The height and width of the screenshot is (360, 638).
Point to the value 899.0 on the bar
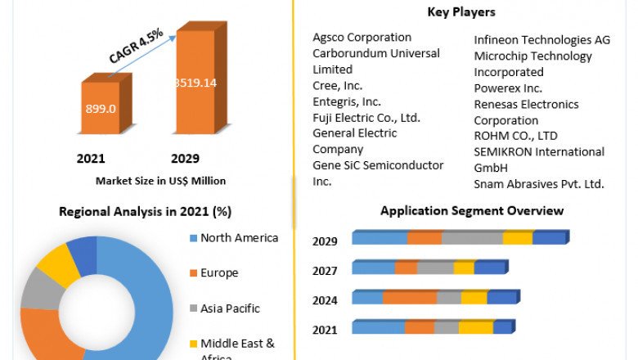click(x=101, y=108)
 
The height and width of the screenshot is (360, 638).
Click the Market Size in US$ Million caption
click(x=160, y=180)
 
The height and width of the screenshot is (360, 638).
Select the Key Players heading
click(x=461, y=12)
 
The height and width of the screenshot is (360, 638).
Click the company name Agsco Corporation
click(x=362, y=38)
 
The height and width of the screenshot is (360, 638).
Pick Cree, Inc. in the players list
click(x=338, y=85)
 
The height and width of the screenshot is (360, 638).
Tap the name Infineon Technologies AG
click(x=541, y=40)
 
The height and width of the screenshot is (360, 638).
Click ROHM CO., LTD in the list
click(x=515, y=136)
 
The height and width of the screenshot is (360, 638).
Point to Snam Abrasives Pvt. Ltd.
click(x=539, y=183)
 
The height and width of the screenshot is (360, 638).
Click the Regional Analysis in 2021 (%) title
click(x=145, y=211)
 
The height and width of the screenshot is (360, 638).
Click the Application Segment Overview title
click(x=472, y=211)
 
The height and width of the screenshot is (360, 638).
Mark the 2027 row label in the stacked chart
click(x=326, y=270)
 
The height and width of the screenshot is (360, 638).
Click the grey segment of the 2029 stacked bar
click(x=472, y=238)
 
